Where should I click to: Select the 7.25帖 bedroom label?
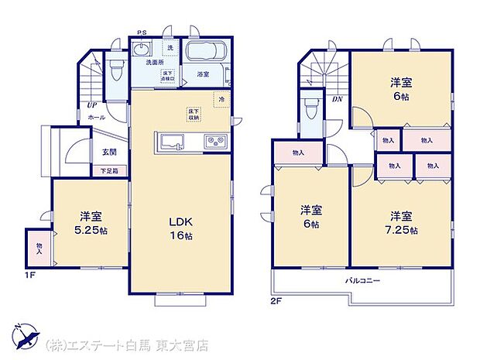pyautogui.click(x=401, y=222)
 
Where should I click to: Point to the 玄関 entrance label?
pyautogui.click(x=108, y=152)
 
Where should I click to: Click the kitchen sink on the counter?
pyautogui.click(x=170, y=142)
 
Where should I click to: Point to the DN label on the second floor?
pyautogui.click(x=338, y=99)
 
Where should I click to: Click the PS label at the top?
pyautogui.click(x=142, y=33)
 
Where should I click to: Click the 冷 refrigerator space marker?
pyautogui.click(x=221, y=99)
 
